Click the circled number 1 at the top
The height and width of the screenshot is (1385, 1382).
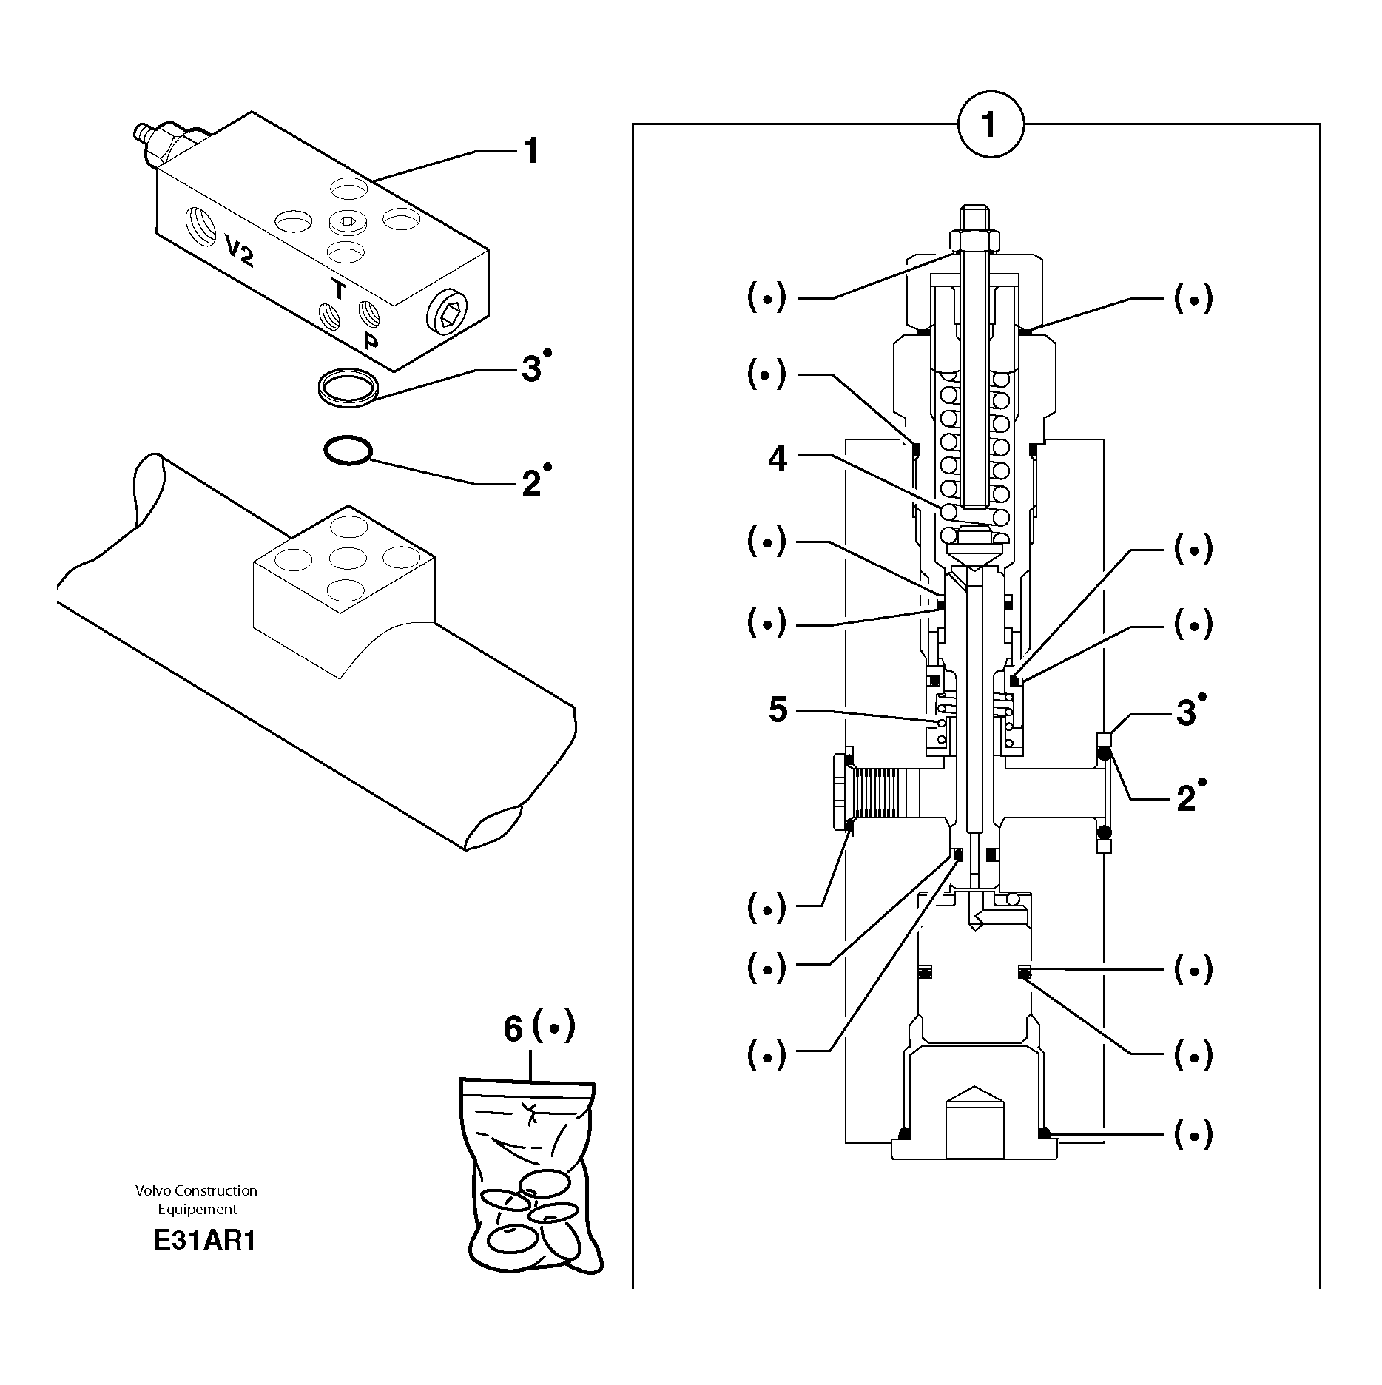click(x=990, y=125)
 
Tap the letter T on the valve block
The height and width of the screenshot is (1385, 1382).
click(x=339, y=289)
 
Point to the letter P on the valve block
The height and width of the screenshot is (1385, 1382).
click(x=370, y=341)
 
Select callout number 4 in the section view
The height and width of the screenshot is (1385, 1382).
click(x=778, y=459)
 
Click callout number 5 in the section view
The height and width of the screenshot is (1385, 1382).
click(x=778, y=710)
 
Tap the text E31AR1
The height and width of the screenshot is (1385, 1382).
click(x=204, y=1241)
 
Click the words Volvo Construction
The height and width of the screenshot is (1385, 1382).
click(x=196, y=1190)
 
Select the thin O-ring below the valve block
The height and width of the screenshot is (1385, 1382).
click(x=347, y=451)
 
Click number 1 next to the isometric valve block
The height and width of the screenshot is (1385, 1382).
click(x=530, y=151)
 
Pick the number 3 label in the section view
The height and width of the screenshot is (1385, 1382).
click(x=1186, y=713)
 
